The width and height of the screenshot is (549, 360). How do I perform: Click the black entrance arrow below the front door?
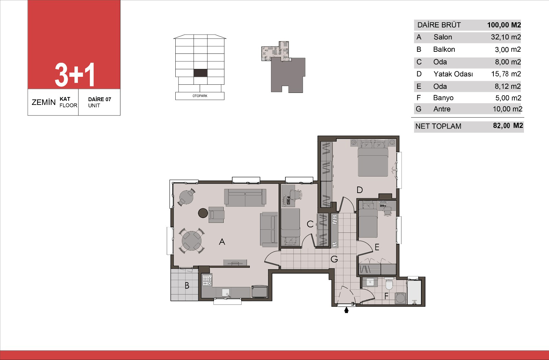tap(346, 310)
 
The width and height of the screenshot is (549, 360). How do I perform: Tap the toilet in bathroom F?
tap(389, 284)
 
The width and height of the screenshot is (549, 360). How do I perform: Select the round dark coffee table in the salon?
tap(203, 213)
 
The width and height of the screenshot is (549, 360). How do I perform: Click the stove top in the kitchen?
tap(207, 280)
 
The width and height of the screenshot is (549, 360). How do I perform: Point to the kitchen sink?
tap(226, 293)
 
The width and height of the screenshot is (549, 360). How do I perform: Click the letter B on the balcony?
tap(187, 286)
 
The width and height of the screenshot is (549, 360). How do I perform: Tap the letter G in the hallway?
tap(334, 259)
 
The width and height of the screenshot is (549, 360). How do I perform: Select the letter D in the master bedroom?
tap(360, 190)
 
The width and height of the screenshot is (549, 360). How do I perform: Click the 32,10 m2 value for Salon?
tap(506, 37)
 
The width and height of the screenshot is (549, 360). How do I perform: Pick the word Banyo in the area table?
tap(443, 98)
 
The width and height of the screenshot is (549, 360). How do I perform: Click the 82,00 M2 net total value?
tap(508, 125)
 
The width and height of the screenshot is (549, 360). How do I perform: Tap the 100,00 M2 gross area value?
tap(504, 25)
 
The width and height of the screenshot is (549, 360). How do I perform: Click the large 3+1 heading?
tap(75, 74)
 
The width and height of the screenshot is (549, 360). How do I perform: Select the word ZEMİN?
tap(44, 102)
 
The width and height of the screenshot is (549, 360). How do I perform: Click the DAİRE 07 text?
tap(100, 99)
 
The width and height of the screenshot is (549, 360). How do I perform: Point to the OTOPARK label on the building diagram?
tap(200, 96)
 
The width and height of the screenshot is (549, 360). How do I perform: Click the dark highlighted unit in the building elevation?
tap(200, 73)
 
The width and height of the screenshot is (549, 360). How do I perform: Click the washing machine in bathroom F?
tap(400, 298)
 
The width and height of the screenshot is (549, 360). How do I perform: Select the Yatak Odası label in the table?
tap(453, 74)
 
